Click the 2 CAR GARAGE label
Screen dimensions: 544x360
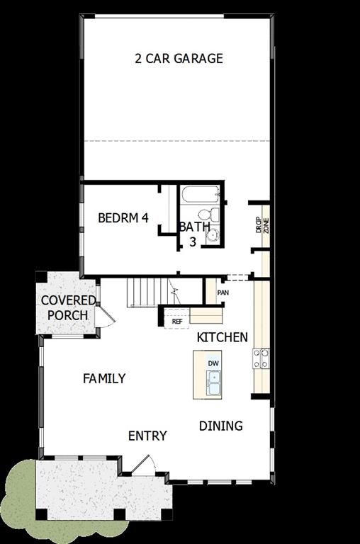pyautogui.click(x=179, y=58)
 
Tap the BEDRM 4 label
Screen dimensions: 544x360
pyautogui.click(x=123, y=217)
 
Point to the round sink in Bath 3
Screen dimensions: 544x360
pyautogui.click(x=212, y=237)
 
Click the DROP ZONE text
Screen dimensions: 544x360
pyautogui.click(x=262, y=225)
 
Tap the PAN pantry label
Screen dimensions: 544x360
pyautogui.click(x=223, y=292)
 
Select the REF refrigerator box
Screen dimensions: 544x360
pyautogui.click(x=177, y=321)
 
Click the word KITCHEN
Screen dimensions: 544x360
pyautogui.click(x=223, y=337)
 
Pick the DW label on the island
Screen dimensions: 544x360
pyautogui.click(x=213, y=363)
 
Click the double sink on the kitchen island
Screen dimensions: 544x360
pyautogui.click(x=213, y=382)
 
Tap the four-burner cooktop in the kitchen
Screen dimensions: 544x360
pyautogui.click(x=261, y=358)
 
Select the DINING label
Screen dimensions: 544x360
pyautogui.click(x=220, y=426)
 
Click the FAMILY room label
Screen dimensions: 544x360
pyautogui.click(x=104, y=378)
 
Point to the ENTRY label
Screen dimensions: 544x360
pyautogui.click(x=147, y=436)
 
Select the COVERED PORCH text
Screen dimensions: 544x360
pyautogui.click(x=68, y=307)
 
